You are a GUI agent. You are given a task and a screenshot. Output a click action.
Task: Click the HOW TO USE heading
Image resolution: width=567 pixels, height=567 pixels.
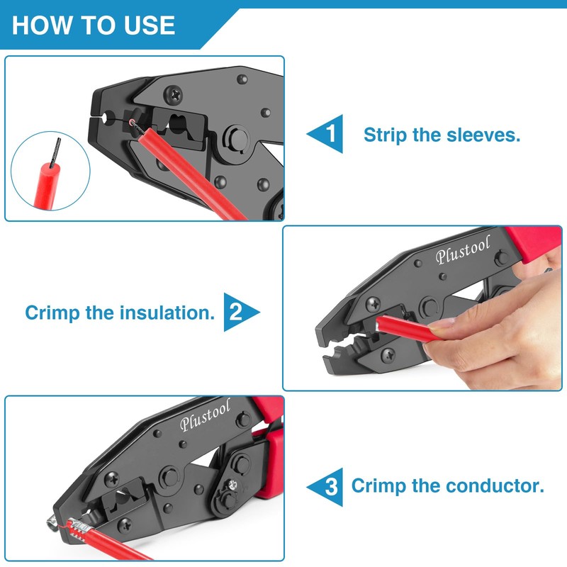[x=94, y=25]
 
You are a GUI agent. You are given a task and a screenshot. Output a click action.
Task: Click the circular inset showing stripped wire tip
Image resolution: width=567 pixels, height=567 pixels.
[x=50, y=173]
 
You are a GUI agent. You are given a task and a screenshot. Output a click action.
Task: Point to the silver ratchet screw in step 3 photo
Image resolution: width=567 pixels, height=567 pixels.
[x=233, y=487]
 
